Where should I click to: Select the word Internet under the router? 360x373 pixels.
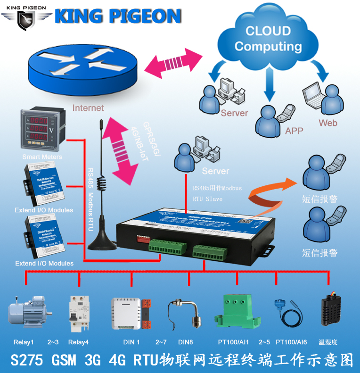[88, 108]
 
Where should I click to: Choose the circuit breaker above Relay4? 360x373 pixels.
[77, 312]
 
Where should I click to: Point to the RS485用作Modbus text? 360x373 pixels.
[217, 188]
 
